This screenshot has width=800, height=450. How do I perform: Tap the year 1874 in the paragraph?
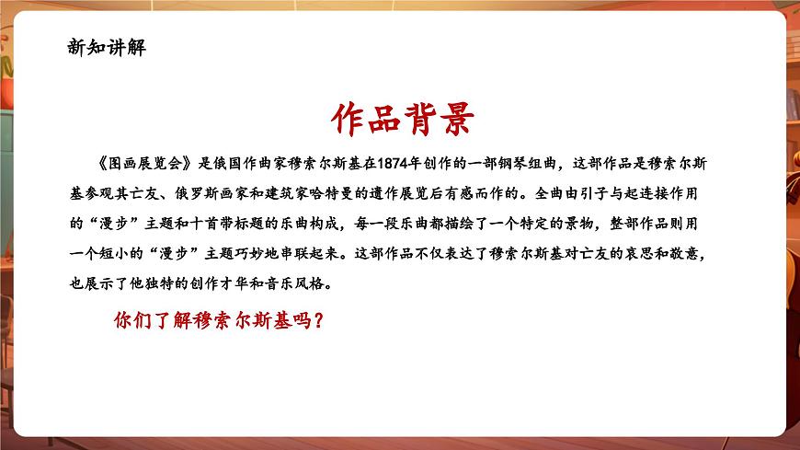(394, 164)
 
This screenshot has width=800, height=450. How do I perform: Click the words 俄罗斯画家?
(204, 193)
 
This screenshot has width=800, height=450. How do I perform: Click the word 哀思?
(645, 253)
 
